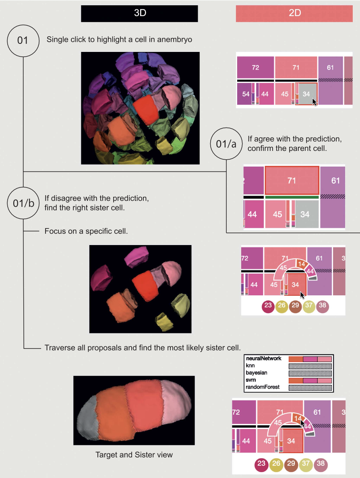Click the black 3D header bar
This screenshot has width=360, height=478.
click(139, 14)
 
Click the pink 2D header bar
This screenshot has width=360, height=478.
click(294, 14)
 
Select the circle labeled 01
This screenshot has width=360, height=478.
click(23, 41)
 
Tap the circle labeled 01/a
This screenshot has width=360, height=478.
click(226, 144)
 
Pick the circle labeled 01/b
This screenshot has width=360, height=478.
click(23, 203)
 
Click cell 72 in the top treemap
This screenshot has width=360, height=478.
click(255, 67)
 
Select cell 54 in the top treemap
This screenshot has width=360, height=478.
click(244, 94)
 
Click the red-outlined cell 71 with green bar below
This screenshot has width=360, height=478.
click(292, 181)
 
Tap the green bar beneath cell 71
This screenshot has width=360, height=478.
click(292, 197)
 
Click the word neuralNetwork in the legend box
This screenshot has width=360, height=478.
click(264, 358)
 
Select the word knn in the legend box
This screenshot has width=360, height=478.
click(250, 365)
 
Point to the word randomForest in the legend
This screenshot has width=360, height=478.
click(263, 387)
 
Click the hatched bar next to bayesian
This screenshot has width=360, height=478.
click(310, 373)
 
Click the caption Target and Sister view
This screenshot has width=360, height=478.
click(134, 455)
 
